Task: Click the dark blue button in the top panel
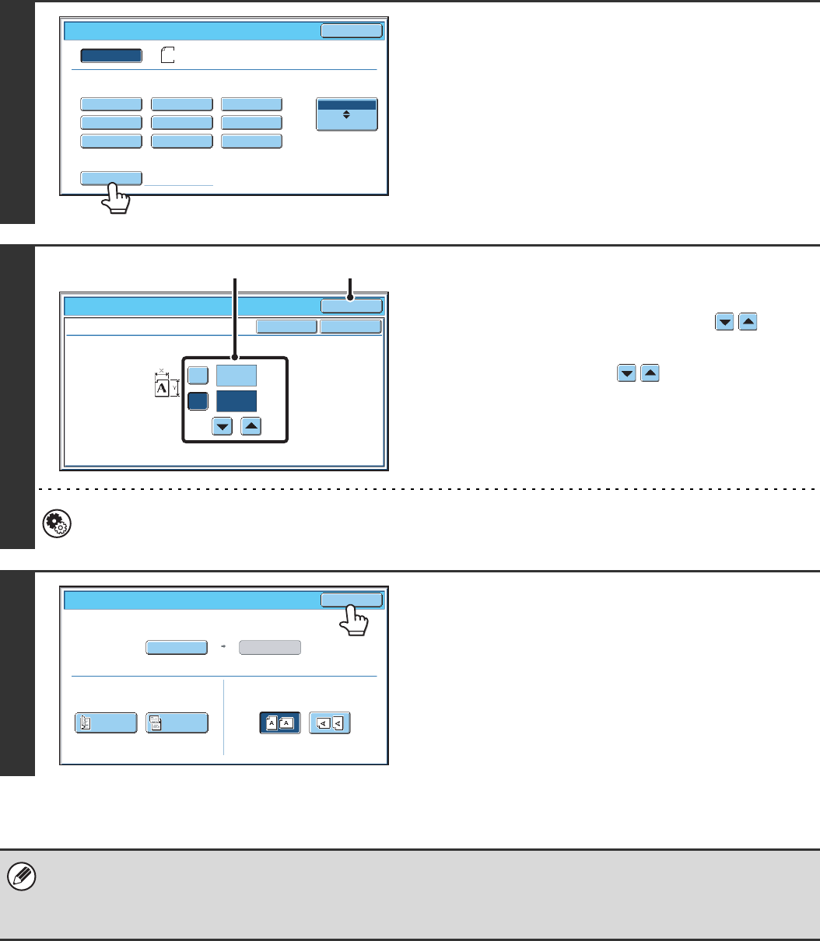[111, 55]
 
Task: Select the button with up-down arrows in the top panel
[347, 114]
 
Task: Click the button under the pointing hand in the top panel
[111, 178]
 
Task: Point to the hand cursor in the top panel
[117, 200]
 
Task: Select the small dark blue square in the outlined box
[198, 401]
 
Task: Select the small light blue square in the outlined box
[198, 375]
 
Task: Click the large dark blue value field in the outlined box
[237, 401]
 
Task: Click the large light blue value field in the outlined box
[237, 375]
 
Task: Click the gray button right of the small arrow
[269, 649]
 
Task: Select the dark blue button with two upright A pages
[280, 722]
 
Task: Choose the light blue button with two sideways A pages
[330, 722]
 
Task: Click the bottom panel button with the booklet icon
[107, 722]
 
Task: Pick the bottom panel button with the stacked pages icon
[177, 722]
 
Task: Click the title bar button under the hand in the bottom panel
[352, 600]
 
